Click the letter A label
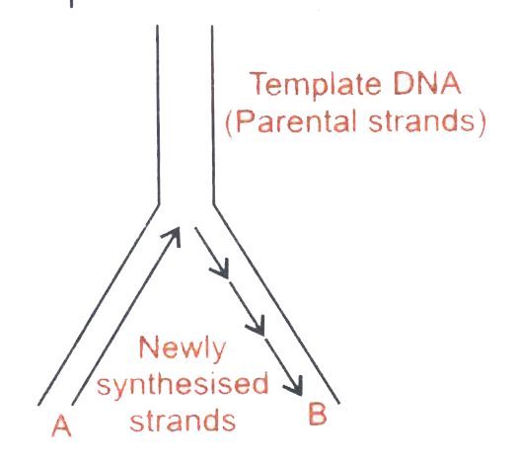(x=61, y=425)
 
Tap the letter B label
(x=318, y=414)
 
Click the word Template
(x=315, y=85)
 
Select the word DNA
(x=426, y=83)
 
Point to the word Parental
(x=296, y=121)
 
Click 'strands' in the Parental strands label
(x=421, y=121)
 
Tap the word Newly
(x=183, y=348)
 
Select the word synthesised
(x=183, y=385)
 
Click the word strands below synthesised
(x=183, y=420)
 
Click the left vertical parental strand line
(x=158, y=114)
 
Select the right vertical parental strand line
(x=213, y=114)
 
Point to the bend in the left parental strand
(x=159, y=204)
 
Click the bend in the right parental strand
(x=214, y=205)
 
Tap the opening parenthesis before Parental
(x=230, y=122)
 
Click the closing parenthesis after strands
(x=481, y=122)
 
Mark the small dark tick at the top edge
(x=71, y=4)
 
